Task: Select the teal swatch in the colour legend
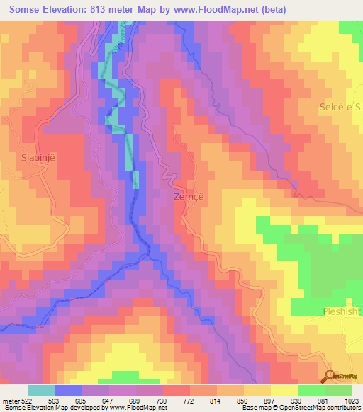(x=41, y=390)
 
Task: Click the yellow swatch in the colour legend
(x=284, y=390)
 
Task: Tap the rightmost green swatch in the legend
(x=338, y=390)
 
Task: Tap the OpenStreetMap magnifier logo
(x=330, y=375)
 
